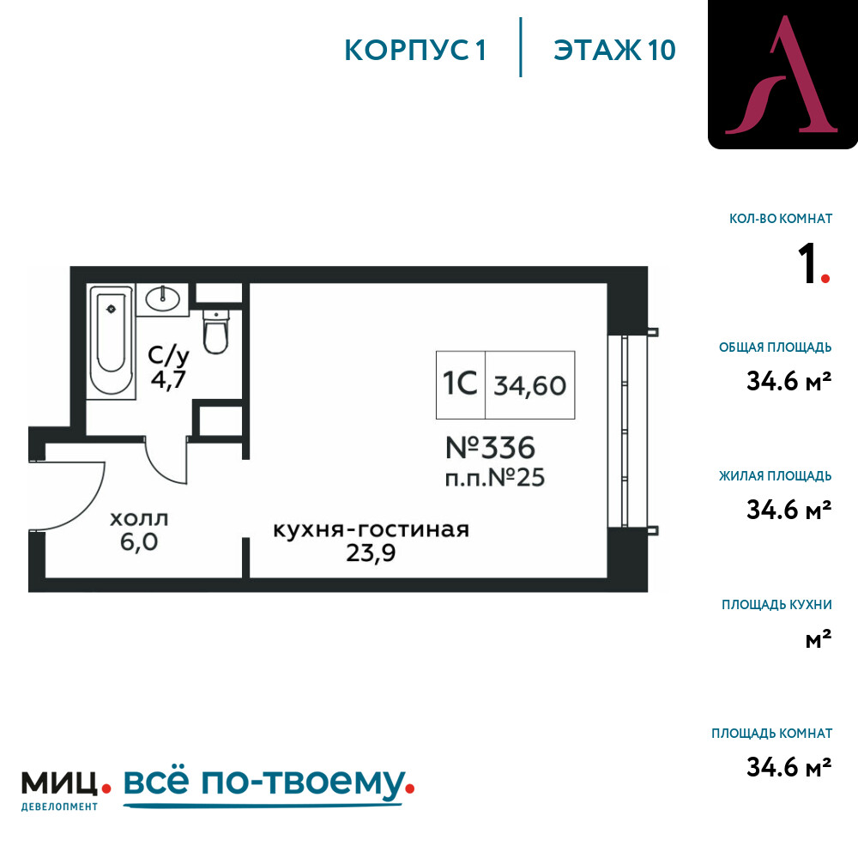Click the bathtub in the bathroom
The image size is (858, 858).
pyautogui.click(x=111, y=341)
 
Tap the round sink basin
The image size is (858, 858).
pyautogui.click(x=162, y=299)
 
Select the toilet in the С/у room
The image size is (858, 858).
pyautogui.click(x=215, y=331)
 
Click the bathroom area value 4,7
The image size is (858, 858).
pyautogui.click(x=168, y=378)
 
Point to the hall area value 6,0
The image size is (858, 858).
pyautogui.click(x=139, y=541)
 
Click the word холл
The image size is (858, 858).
pyautogui.click(x=139, y=519)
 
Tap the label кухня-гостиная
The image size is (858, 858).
pyautogui.click(x=371, y=529)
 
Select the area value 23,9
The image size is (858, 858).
pyautogui.click(x=371, y=553)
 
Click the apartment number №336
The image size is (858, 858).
pyautogui.click(x=490, y=448)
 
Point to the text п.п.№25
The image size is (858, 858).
pyautogui.click(x=495, y=478)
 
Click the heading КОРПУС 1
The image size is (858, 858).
pyautogui.click(x=415, y=51)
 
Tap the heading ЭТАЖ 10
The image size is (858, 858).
pyautogui.click(x=614, y=51)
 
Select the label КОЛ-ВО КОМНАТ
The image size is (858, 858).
pyautogui.click(x=780, y=219)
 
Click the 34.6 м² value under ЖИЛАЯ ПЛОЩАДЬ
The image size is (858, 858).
pyautogui.click(x=789, y=510)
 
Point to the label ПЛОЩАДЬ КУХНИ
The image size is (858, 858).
pyautogui.click(x=776, y=605)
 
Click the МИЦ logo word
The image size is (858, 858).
pyautogui.click(x=59, y=783)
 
